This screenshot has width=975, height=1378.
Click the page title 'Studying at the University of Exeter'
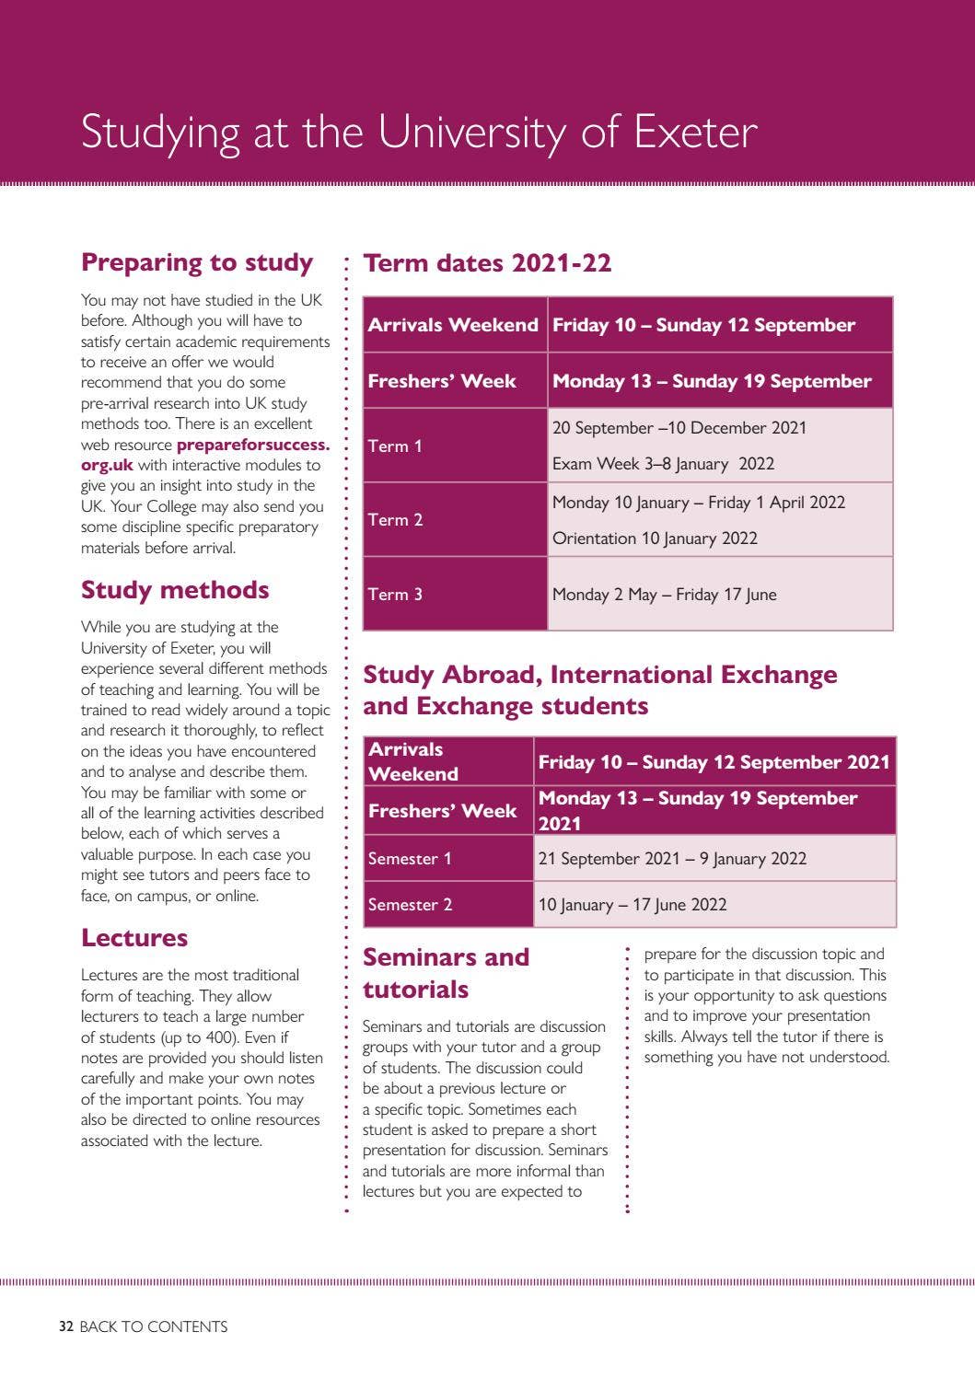pyautogui.click(x=419, y=132)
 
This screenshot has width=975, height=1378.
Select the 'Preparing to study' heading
pyautogui.click(x=197, y=262)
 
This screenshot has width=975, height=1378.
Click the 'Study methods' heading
pyautogui.click(x=175, y=590)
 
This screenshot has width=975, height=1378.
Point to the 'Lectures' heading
pyautogui.click(x=134, y=938)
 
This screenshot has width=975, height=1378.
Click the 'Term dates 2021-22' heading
pyautogui.click(x=487, y=263)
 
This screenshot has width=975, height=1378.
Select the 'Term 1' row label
pyautogui.click(x=395, y=446)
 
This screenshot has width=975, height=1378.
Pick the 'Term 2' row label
pyautogui.click(x=395, y=520)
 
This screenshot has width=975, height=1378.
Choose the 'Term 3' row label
pyautogui.click(x=395, y=595)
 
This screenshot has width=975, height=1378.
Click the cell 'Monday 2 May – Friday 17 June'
pyautogui.click(x=664, y=595)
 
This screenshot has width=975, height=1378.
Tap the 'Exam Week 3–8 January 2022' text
pyautogui.click(x=663, y=464)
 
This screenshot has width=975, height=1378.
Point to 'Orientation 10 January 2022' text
pyautogui.click(x=655, y=538)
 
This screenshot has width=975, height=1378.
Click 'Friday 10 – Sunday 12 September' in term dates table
pyautogui.click(x=703, y=325)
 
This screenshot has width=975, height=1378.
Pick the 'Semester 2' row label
pyautogui.click(x=410, y=905)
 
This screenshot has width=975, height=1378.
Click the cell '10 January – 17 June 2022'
pyautogui.click(x=633, y=905)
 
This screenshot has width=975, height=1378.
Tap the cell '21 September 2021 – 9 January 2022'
pyautogui.click(x=672, y=859)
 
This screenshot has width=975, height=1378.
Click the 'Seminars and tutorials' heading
pyautogui.click(x=446, y=973)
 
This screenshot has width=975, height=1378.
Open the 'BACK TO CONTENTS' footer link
pyautogui.click(x=153, y=1326)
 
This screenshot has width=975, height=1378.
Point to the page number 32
pyautogui.click(x=66, y=1326)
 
